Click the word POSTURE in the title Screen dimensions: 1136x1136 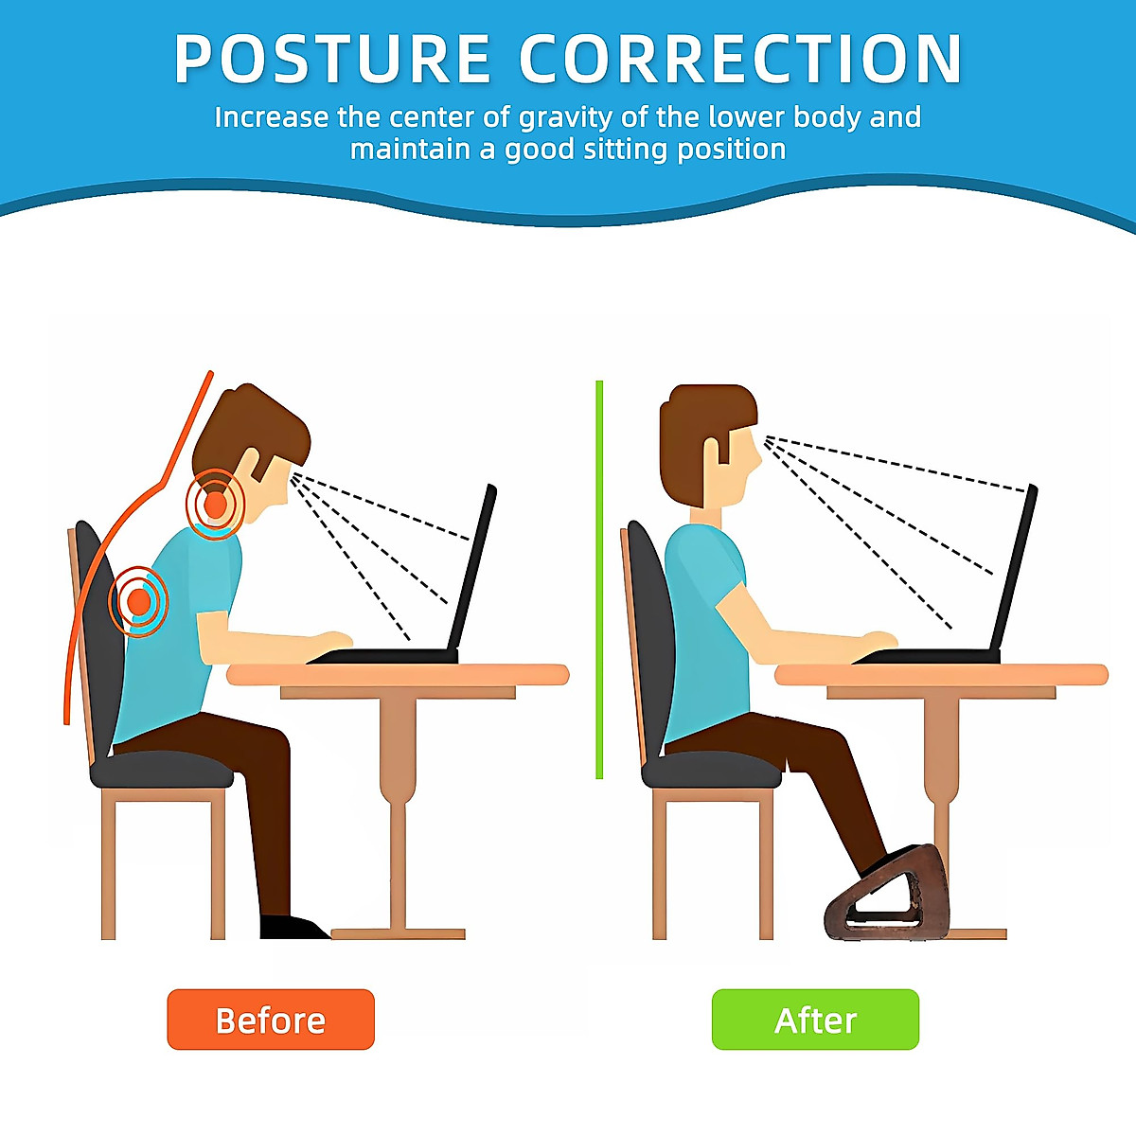[331, 60]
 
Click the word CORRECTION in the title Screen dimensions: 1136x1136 [741, 60]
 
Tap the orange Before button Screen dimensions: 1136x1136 [271, 1020]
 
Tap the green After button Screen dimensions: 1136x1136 [815, 1020]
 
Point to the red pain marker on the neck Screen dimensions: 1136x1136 [216, 504]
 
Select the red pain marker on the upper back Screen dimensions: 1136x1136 [139, 600]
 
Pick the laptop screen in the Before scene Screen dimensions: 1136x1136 [473, 568]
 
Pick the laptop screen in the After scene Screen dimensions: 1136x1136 [1016, 568]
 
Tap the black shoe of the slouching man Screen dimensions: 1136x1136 [289, 927]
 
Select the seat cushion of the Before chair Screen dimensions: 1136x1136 [161, 769]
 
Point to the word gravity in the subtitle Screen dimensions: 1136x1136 [567, 117]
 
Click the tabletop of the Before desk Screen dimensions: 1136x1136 [398, 674]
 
